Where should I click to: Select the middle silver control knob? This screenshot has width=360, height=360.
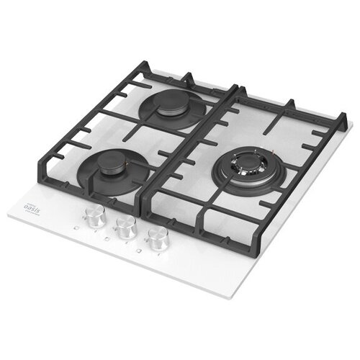(x=125, y=227)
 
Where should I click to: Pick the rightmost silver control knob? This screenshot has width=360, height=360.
(x=158, y=238)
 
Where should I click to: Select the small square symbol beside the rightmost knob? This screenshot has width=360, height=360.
(x=142, y=251)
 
